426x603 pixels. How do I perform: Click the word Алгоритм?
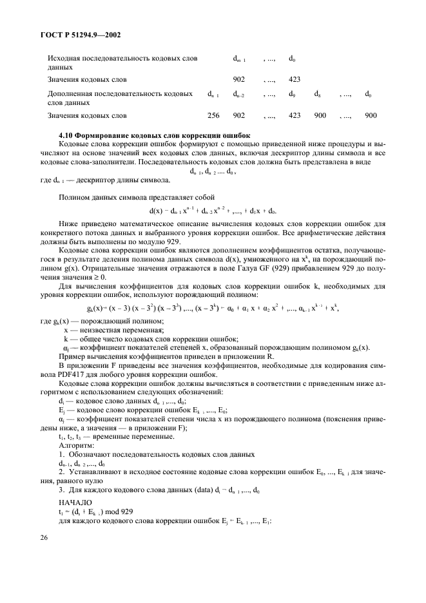(x=77, y=444)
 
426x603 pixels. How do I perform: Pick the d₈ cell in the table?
(x=317, y=94)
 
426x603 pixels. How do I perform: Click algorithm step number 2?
(x=61, y=472)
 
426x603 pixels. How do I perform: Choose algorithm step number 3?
(x=61, y=490)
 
